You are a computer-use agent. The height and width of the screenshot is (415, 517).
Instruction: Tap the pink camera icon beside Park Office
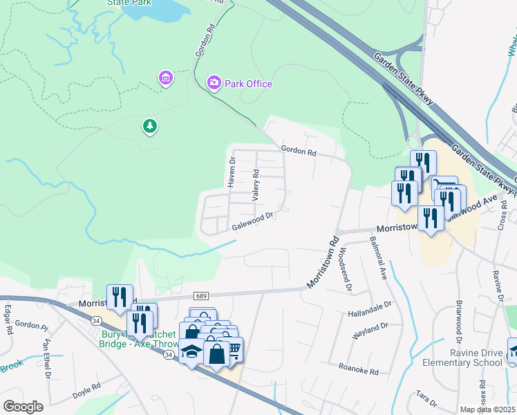[x=214, y=84]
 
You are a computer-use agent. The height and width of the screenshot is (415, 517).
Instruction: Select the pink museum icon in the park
[x=165, y=78]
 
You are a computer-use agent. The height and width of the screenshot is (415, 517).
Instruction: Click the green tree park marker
[x=149, y=126]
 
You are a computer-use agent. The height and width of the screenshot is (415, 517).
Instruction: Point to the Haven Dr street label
[x=232, y=172]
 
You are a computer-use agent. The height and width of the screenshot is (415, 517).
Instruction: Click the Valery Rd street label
[x=256, y=185]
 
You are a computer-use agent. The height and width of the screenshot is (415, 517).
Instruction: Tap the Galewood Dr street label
[x=254, y=221]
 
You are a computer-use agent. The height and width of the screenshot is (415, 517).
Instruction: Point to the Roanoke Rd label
[x=359, y=370]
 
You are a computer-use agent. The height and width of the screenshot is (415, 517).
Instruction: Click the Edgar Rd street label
[x=9, y=320]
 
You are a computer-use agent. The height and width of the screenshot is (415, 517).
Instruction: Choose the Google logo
[x=23, y=407]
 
